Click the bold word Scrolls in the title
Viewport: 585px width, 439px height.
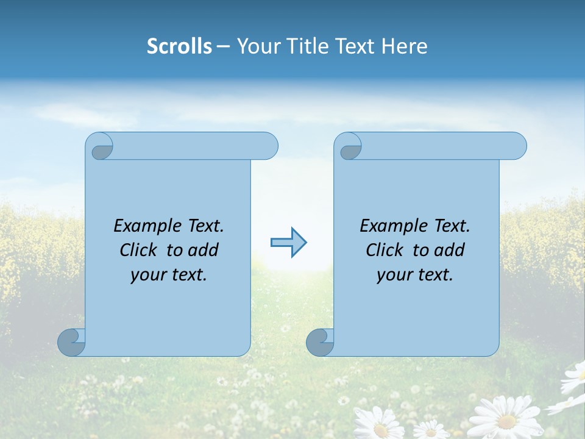(x=179, y=46)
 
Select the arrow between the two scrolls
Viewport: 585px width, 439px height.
(x=288, y=243)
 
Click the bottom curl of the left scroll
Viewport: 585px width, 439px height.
(x=71, y=341)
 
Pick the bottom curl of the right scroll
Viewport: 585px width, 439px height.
(x=320, y=341)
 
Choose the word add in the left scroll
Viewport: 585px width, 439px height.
(x=204, y=250)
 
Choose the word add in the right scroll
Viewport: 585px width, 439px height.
(x=450, y=250)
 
